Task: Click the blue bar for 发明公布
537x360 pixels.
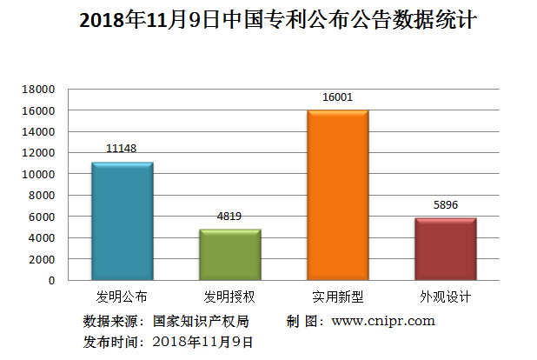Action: point(122,222)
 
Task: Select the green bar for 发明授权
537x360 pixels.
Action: point(229,255)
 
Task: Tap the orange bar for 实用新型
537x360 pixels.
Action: point(338,196)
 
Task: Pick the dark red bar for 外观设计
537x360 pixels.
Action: point(446,250)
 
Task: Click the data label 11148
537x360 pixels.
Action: point(122,150)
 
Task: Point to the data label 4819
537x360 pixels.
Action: point(229,217)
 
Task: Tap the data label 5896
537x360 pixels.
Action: point(446,206)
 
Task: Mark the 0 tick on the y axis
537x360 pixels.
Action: point(50,280)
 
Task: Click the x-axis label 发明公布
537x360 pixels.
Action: point(122,297)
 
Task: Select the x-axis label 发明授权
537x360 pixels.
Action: point(229,297)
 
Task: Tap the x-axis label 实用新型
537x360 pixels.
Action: point(338,297)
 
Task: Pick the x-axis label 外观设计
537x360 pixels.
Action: point(446,297)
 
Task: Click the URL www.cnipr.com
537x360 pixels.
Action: point(383,321)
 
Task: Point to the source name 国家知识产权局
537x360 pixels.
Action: point(201,321)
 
